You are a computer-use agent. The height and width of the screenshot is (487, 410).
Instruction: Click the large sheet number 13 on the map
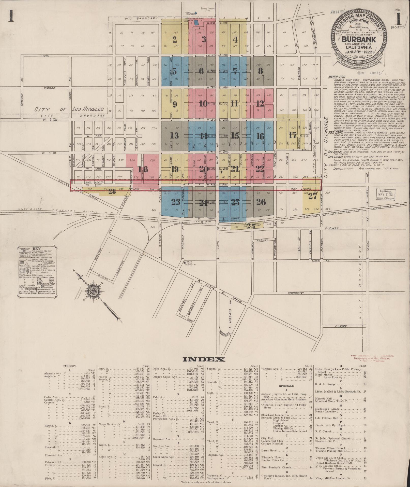[x=174, y=135]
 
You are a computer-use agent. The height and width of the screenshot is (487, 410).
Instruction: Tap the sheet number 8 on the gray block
[x=260, y=71]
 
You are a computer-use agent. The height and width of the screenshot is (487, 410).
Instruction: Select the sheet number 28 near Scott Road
[x=112, y=191]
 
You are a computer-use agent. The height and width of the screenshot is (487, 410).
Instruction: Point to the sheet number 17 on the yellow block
[x=293, y=135]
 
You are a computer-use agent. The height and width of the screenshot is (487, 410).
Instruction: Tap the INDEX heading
[x=204, y=359]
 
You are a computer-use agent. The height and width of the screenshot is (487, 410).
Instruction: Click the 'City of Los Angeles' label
[x=69, y=109]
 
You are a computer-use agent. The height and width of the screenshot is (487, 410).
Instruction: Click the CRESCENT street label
[x=296, y=293]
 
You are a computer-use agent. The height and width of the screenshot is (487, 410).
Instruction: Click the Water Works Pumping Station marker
[x=185, y=262]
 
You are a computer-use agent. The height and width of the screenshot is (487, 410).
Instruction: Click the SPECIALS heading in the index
[x=286, y=386]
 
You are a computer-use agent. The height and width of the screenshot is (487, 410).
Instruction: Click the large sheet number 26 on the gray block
[x=261, y=202]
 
